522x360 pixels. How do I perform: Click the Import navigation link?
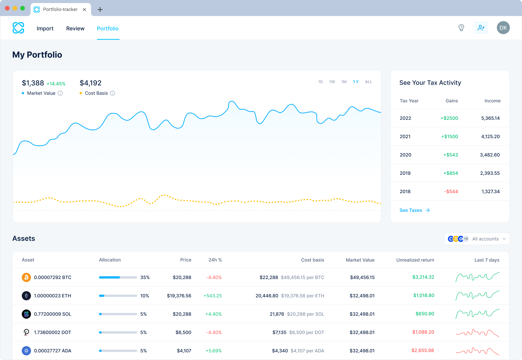coord(45,28)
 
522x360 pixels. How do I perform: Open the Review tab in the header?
coord(75,28)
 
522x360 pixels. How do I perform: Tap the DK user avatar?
coord(503,28)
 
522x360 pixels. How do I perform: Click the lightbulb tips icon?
coord(461,28)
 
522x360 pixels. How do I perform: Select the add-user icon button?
coord(481,28)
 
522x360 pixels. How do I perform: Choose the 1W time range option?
coord(332,82)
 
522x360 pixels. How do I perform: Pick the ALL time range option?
coord(368,82)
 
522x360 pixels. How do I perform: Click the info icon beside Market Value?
coord(60,93)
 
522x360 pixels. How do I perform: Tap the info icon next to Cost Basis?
coord(113,93)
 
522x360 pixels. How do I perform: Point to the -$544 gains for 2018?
coord(451,192)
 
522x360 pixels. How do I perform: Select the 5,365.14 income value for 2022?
coord(490,118)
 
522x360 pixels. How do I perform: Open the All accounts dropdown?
coord(477,239)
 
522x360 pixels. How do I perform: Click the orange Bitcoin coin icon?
coord(26,277)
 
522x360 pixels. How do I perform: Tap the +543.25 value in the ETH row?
coord(213,296)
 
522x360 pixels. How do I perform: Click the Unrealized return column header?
coord(415,260)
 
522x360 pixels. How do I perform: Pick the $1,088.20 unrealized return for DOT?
coord(423,332)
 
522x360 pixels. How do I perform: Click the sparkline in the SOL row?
coord(477,314)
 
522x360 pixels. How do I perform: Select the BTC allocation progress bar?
coord(118,277)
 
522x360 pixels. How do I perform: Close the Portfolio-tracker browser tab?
coord(84,9)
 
